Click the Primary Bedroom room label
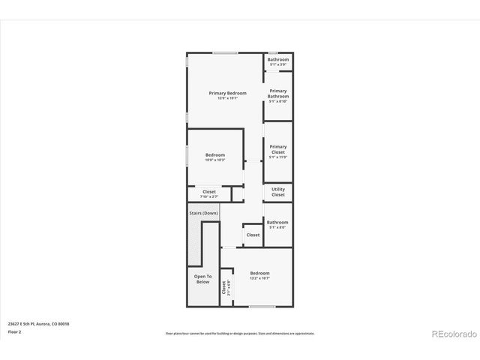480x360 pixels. [227, 92]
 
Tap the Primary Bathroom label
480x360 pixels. [278, 93]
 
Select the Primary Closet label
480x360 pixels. [278, 149]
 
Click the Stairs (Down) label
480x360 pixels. [203, 213]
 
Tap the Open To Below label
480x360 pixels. [202, 279]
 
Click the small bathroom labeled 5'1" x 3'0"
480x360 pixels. [278, 60]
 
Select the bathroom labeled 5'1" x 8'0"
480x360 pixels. [277, 223]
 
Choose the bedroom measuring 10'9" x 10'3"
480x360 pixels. [215, 157]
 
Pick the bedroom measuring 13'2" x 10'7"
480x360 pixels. [259, 274]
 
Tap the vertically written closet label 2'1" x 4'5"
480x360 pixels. [225, 287]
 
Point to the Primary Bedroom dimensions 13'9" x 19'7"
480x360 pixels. [227, 98]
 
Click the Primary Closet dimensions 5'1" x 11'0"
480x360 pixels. [278, 157]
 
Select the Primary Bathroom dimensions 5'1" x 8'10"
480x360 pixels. [278, 101]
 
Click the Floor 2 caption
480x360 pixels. [14, 331]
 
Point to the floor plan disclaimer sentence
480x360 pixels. [239, 333]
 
